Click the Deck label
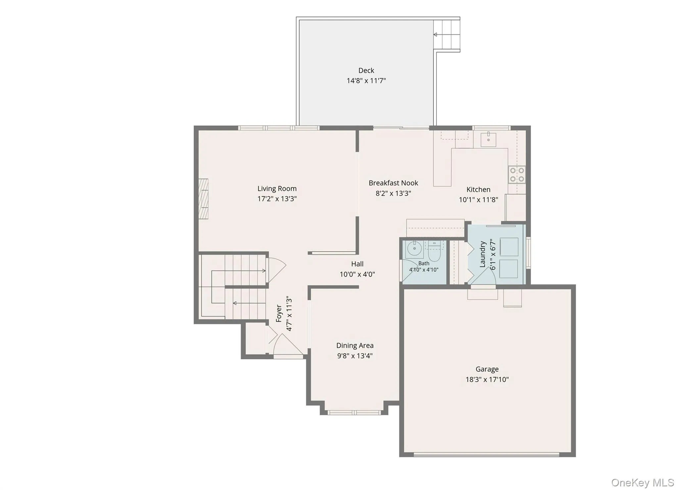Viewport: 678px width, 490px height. pyautogui.click(x=366, y=71)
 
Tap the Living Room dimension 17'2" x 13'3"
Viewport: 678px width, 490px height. pyautogui.click(x=277, y=199)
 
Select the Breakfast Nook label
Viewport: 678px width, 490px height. pyautogui.click(x=393, y=183)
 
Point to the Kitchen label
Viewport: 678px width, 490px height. pyautogui.click(x=478, y=190)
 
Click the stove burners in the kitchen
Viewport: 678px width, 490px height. pyautogui.click(x=517, y=175)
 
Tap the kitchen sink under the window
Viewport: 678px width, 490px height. pyautogui.click(x=488, y=139)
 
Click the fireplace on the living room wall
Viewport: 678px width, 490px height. pyautogui.click(x=203, y=199)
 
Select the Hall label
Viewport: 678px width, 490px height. pyautogui.click(x=357, y=264)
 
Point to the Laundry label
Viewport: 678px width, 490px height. pyautogui.click(x=482, y=254)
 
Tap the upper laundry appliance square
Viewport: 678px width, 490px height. pyautogui.click(x=509, y=247)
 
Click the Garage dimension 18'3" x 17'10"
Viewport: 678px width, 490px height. pyautogui.click(x=487, y=380)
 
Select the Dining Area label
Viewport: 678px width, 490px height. pyautogui.click(x=355, y=346)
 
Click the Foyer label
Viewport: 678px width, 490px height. pyautogui.click(x=279, y=314)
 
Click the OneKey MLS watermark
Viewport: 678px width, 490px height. pyautogui.click(x=643, y=482)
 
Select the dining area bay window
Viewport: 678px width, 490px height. pyautogui.click(x=354, y=413)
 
